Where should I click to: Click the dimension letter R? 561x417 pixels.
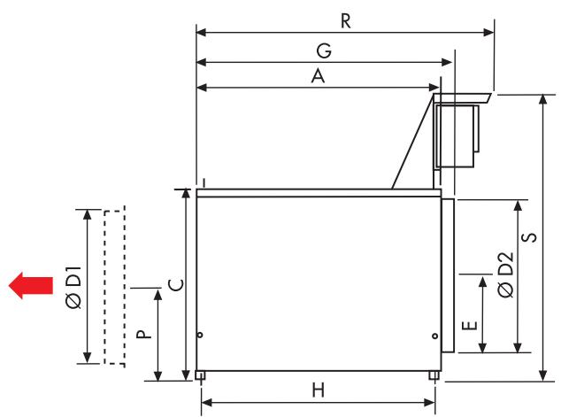pos(346,22)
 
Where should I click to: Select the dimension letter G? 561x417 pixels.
pos(325,51)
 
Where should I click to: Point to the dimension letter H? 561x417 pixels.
pos(319,390)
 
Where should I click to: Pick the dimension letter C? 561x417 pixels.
pos(175,285)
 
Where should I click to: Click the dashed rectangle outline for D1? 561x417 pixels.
pos(114,286)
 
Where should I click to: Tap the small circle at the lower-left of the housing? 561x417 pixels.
pos(200,336)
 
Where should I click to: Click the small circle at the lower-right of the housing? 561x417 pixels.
pos(435,336)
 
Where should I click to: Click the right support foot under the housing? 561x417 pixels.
pos(434,375)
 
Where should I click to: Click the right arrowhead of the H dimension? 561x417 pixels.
pos(432,403)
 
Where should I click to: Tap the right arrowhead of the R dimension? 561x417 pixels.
pos(490,33)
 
